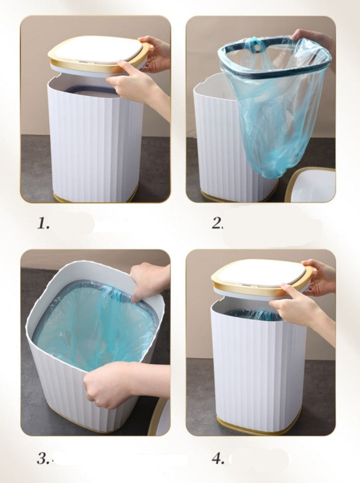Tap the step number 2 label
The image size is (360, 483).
click(217, 223)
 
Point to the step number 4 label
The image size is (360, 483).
click(218, 459)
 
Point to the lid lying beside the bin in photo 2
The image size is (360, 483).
click(311, 185)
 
